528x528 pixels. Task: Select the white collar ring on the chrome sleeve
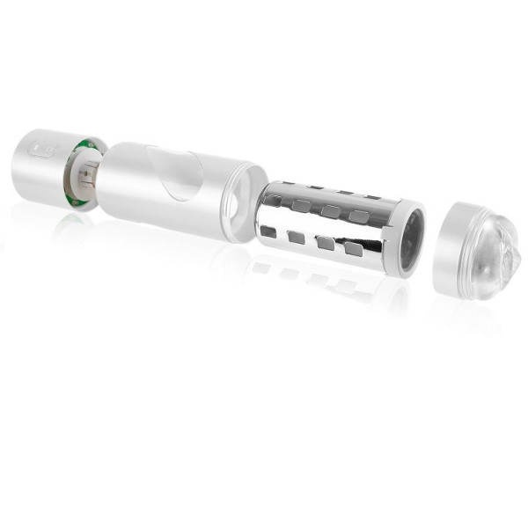pyautogui.click(x=406, y=238)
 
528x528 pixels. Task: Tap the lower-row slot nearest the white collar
pyautogui.click(x=354, y=250)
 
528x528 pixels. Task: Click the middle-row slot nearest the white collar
pyautogui.click(x=359, y=216)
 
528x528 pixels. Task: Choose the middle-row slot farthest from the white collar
pyautogui.click(x=299, y=206)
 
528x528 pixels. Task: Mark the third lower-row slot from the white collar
pyautogui.click(x=296, y=238)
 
